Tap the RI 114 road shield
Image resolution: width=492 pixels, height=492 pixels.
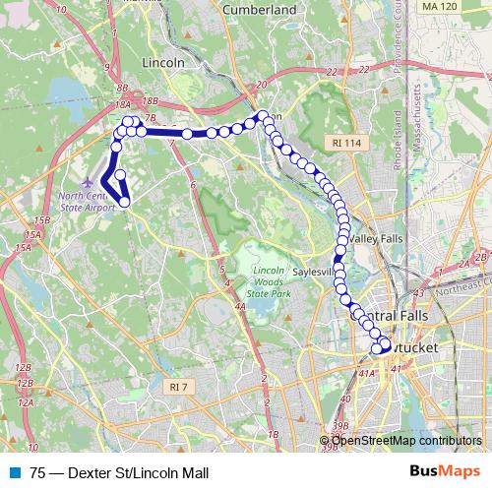pyautogui.click(x=346, y=144)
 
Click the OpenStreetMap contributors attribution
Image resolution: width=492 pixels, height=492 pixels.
pyautogui.click(x=405, y=440)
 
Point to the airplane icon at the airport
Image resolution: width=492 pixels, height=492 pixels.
pyautogui.click(x=92, y=182)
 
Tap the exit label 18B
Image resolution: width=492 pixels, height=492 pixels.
pyautogui.click(x=150, y=100)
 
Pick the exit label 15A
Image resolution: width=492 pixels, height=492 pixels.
pyautogui.click(x=33, y=235)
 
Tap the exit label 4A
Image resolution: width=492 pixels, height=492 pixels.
pyautogui.click(x=240, y=307)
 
